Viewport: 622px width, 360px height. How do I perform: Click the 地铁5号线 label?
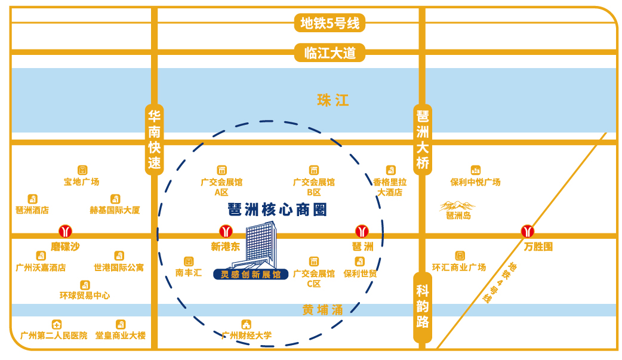point(330,23)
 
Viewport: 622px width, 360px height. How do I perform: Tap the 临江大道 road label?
point(330,53)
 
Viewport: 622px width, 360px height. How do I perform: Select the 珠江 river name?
point(333,100)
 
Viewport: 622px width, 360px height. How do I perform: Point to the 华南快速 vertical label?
point(155,140)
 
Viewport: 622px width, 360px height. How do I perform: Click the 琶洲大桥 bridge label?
point(423,140)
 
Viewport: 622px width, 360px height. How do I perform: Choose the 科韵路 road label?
point(423,307)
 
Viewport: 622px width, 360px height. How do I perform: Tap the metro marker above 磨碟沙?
point(65,231)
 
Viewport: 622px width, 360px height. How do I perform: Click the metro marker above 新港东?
point(226,231)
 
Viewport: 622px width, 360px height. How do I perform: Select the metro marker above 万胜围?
point(527,231)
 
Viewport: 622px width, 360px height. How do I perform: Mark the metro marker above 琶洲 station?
point(362,231)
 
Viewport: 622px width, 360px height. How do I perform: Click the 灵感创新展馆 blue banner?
point(251,274)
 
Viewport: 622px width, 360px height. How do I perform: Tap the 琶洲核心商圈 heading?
point(277,210)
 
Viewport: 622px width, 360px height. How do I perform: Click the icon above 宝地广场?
point(82,170)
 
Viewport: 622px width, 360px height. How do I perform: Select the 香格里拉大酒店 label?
point(390,187)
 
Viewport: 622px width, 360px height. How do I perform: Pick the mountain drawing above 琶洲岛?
point(457,206)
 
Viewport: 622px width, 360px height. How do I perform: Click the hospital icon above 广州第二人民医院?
point(57,324)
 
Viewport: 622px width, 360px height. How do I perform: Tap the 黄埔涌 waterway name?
point(322,310)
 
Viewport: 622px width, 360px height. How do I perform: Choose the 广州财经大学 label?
point(247,336)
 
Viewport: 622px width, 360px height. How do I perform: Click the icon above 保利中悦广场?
point(475,170)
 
